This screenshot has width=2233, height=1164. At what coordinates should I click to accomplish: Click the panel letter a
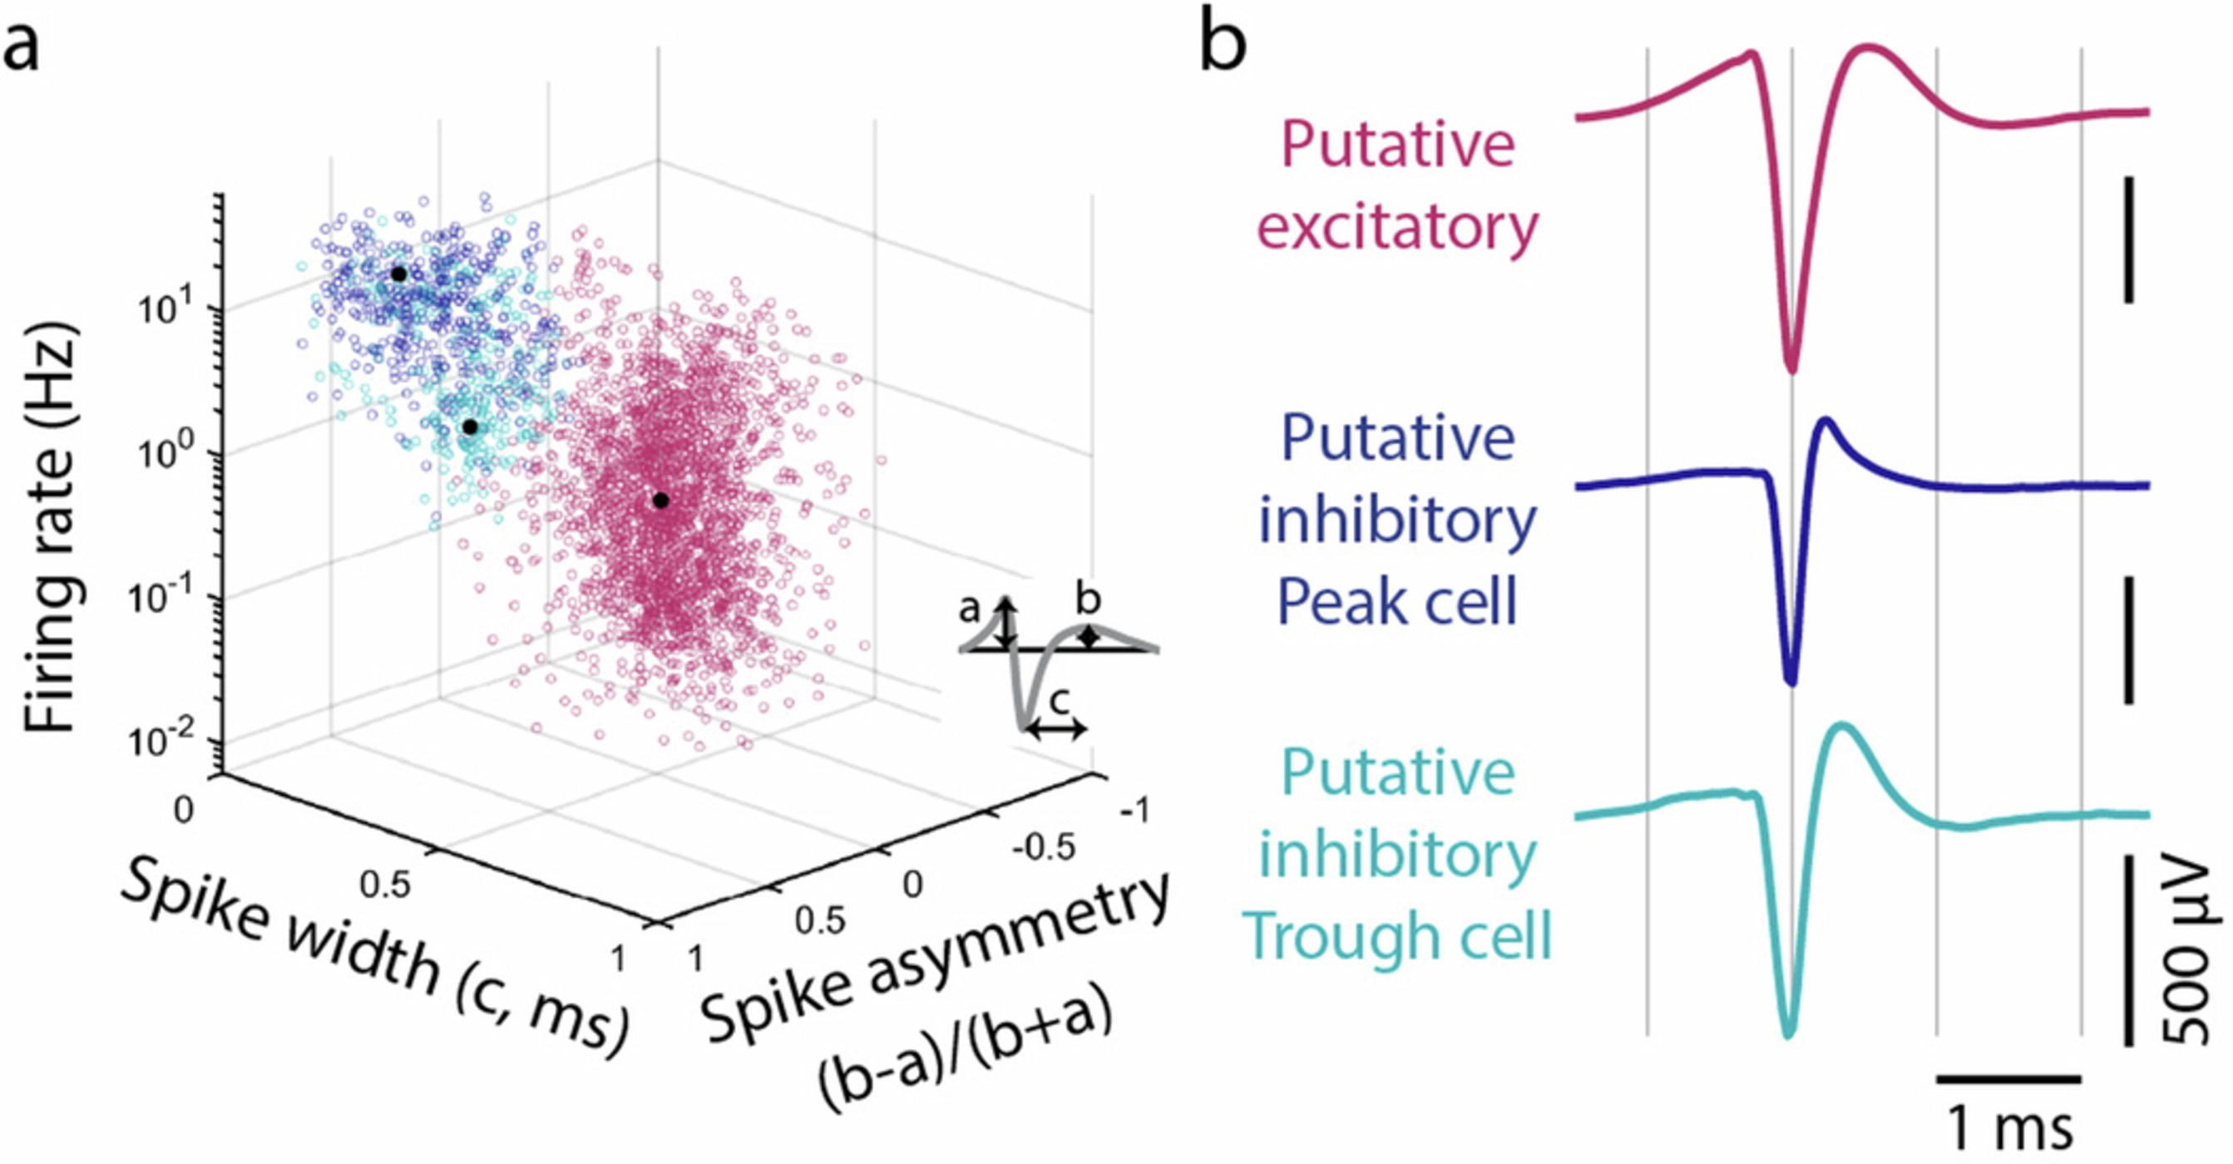click(21, 47)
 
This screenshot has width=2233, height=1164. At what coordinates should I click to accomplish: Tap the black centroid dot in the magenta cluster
click(660, 500)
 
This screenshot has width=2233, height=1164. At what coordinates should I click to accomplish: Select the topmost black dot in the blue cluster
click(398, 274)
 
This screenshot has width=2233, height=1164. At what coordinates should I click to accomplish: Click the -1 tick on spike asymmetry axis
click(1133, 811)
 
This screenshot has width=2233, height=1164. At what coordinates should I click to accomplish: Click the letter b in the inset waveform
click(1088, 599)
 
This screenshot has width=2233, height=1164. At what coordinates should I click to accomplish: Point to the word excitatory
click(1396, 227)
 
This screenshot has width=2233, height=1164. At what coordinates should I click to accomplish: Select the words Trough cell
click(1396, 935)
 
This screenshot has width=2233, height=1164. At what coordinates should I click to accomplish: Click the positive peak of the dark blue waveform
click(1827, 422)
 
